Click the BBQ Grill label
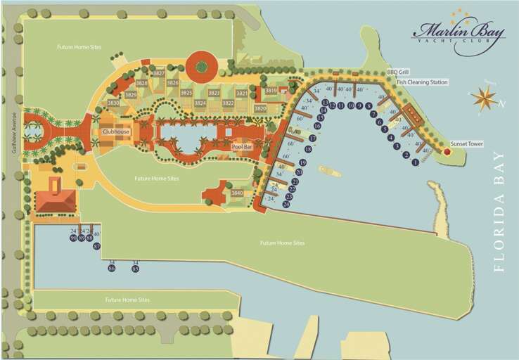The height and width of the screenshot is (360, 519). click(x=397, y=72)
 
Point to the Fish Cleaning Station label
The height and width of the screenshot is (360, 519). click(x=422, y=82)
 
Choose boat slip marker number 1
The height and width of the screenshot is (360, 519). click(x=415, y=162)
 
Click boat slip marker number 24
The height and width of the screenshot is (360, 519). click(x=286, y=204)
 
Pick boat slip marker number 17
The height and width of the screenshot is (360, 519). click(x=313, y=139)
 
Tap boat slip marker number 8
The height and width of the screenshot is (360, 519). click(x=369, y=106)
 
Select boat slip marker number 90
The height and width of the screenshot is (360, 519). click(x=73, y=238)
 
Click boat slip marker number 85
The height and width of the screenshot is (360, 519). click(x=135, y=269)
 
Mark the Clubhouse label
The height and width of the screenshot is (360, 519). click(x=115, y=131)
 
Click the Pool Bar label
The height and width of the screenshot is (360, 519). click(x=242, y=146)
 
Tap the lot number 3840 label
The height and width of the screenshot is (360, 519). click(x=237, y=193)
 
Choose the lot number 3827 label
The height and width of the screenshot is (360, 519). click(x=159, y=73)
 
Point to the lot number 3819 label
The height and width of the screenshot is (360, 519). click(x=271, y=90)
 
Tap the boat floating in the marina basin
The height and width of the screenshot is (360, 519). click(x=329, y=172)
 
